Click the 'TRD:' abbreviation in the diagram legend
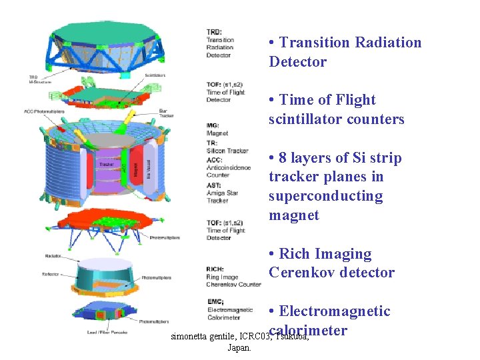coord(213,32)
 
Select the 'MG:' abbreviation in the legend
coord(213,125)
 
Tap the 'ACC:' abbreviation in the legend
coord(214,160)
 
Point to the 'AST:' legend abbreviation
coord(213,185)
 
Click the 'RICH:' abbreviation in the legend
coord(216,269)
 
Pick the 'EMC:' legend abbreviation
coord(215,302)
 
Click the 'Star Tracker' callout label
coord(167,113)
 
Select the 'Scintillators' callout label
coord(155,75)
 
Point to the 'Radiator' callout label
coord(53,255)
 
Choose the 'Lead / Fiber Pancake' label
coord(106,331)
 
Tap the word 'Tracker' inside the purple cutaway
coord(105,164)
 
